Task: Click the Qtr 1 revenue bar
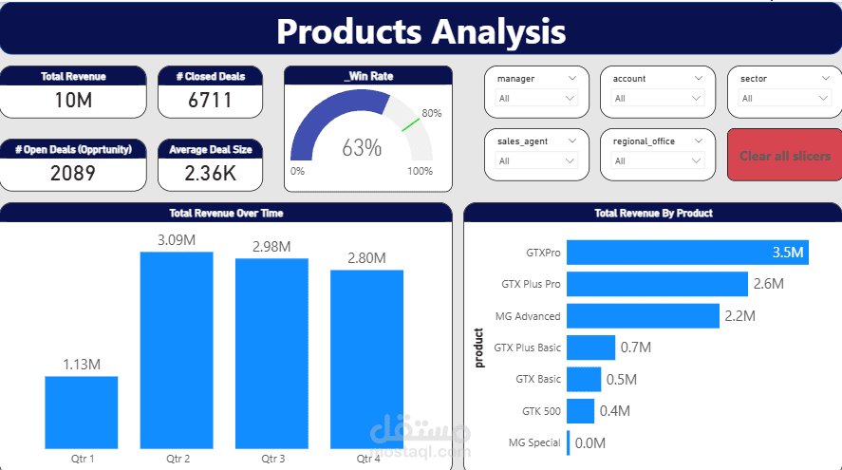tap(82, 411)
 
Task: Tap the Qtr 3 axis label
tap(272, 459)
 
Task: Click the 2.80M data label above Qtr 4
tap(366, 257)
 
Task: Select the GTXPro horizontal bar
tap(686, 253)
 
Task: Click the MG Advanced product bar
tap(643, 315)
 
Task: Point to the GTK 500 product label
tap(541, 410)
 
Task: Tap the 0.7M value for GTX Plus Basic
tap(635, 348)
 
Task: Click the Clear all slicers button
tap(784, 155)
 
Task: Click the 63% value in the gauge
tap(362, 148)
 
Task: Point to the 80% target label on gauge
tap(432, 113)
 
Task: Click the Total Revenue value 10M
tap(73, 100)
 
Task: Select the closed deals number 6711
tap(210, 100)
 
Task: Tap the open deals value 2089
tap(73, 173)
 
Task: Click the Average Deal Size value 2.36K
tap(210, 173)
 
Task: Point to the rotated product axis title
tap(478, 347)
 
